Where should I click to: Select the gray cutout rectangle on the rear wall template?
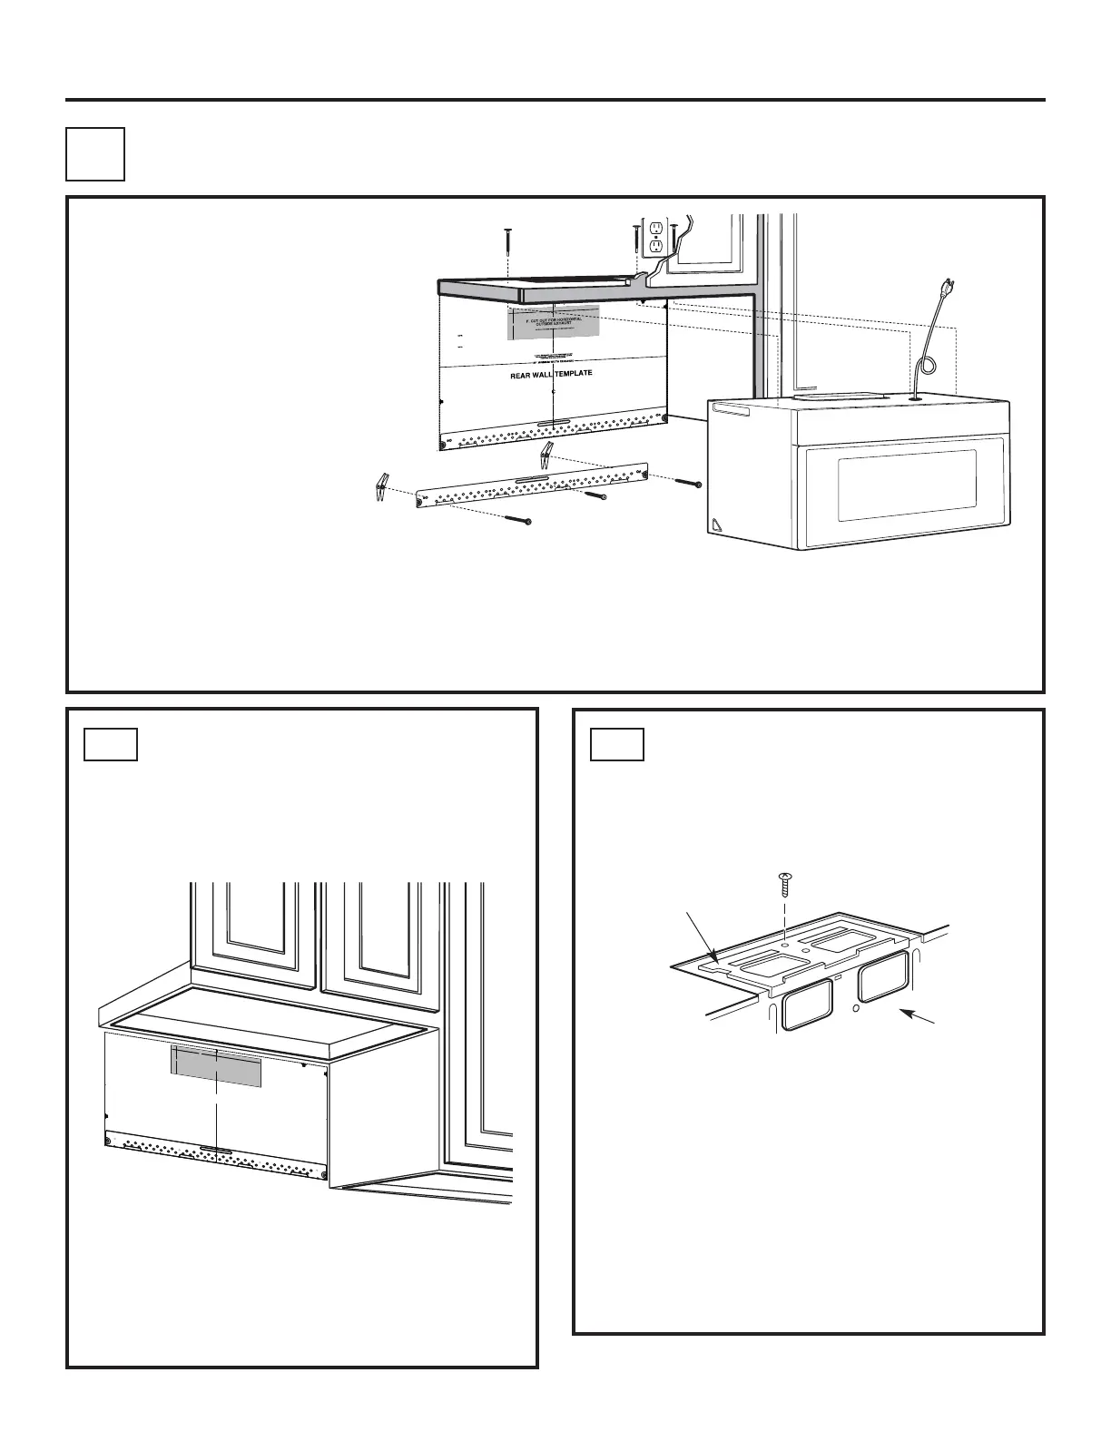click(x=553, y=322)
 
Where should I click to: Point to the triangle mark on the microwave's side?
click(x=717, y=524)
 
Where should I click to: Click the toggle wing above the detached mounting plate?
click(x=546, y=455)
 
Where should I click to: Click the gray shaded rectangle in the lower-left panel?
click(x=216, y=1065)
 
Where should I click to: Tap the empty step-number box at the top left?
click(x=95, y=154)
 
